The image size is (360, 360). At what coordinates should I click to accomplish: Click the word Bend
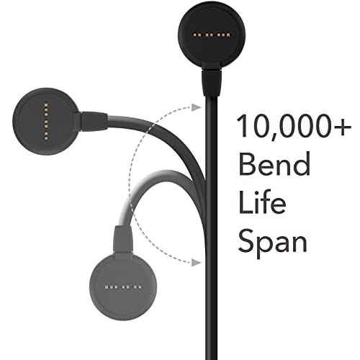[274, 164]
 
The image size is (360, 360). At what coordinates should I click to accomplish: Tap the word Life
[262, 202]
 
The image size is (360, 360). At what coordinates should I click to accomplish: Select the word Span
[273, 243]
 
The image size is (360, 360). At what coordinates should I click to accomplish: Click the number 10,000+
[294, 126]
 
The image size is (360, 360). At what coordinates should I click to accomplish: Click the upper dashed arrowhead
[197, 107]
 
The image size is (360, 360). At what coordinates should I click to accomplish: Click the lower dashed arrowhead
[197, 263]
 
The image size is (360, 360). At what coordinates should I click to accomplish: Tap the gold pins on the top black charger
[212, 35]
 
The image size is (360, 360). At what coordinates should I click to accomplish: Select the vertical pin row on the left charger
[46, 121]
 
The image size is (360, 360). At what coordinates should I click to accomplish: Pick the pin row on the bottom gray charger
[123, 287]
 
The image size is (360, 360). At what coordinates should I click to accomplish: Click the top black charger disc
[212, 35]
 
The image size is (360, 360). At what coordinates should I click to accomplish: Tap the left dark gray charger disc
[45, 122]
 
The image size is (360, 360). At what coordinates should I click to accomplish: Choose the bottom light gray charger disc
[123, 287]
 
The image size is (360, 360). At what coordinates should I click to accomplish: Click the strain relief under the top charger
[212, 83]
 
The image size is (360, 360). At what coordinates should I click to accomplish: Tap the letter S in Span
[246, 240]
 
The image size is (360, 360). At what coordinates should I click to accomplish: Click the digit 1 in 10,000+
[243, 126]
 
